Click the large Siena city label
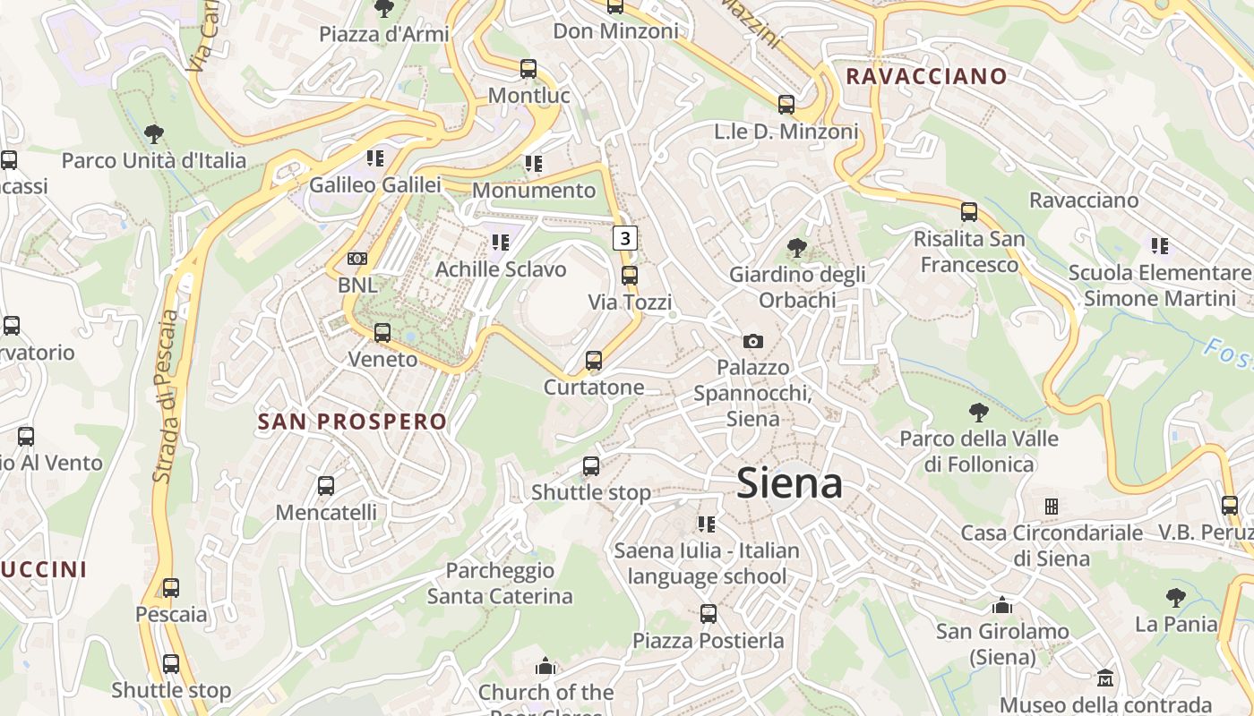pos(789,483)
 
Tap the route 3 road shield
pos(625,238)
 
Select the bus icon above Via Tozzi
pos(630,276)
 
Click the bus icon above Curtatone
pos(593,361)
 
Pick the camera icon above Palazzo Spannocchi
pos(752,341)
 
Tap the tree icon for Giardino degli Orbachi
pos(795,248)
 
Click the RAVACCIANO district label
pos(926,76)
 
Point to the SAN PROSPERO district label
pos(352,422)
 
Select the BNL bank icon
pos(357,259)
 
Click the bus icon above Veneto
pos(382,333)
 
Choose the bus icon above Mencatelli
pos(326,486)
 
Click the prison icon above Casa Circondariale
pos(1052,507)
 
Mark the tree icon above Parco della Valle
pos(979,413)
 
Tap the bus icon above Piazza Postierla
pos(709,614)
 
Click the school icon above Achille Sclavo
pos(501,242)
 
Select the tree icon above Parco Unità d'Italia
pos(153,134)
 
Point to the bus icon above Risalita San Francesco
pos(968,212)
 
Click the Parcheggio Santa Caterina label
pos(500,583)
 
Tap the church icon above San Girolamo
pos(1002,605)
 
